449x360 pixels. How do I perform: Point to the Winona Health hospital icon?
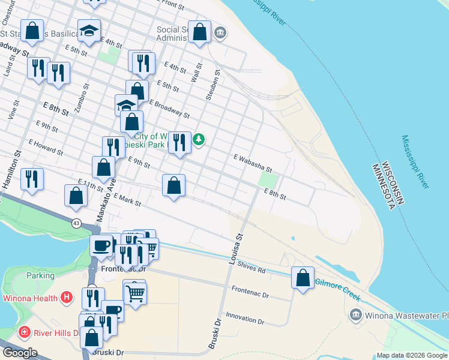[67, 298]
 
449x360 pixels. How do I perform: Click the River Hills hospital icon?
[25, 332]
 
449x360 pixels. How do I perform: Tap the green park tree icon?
[199, 140]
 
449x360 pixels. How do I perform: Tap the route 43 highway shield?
[76, 223]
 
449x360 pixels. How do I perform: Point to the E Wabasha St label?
[253, 162]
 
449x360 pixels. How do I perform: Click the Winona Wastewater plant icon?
[355, 314]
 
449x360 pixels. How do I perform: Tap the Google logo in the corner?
[20, 353]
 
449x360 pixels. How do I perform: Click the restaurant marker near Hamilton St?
[32, 179]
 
